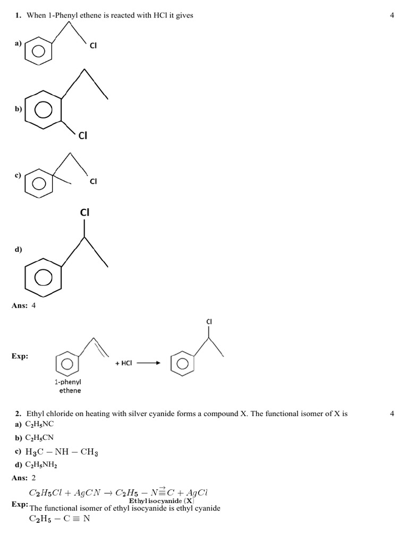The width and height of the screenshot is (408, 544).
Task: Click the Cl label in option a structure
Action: [x=93, y=46]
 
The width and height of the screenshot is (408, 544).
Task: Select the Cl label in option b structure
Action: [x=83, y=135]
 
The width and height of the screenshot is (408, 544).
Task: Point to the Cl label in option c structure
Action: [x=93, y=181]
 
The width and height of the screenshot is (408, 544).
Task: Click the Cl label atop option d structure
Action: [x=84, y=212]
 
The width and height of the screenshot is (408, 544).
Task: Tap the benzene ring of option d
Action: [x=44, y=277]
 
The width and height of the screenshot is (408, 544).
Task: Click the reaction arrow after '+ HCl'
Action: [x=149, y=363]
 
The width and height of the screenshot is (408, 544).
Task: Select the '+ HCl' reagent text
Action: [x=123, y=363]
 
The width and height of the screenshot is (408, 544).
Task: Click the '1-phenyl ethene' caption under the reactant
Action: [x=68, y=386]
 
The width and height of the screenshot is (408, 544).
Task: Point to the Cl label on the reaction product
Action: [x=209, y=322]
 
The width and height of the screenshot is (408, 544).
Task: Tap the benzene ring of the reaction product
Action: [x=182, y=363]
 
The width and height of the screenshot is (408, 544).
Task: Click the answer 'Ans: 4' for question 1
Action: [x=24, y=305]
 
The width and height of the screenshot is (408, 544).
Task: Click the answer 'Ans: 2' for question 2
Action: [x=24, y=478]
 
